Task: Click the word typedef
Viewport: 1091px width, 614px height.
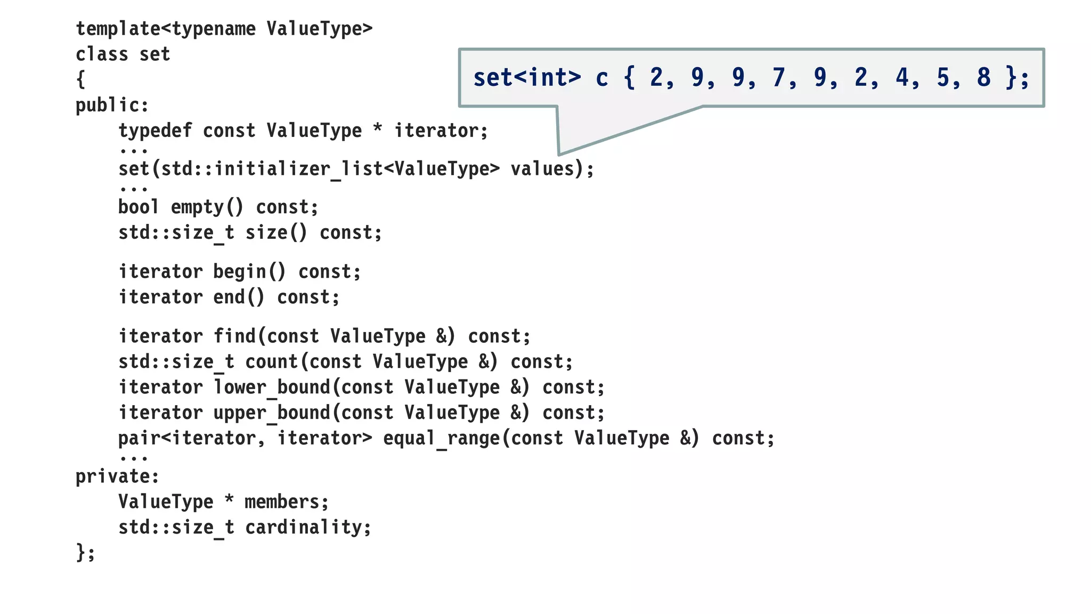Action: click(154, 131)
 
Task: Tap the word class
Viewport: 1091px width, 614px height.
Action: click(102, 54)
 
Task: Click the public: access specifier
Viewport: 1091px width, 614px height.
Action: click(112, 106)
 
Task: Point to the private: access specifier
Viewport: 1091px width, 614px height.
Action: click(117, 476)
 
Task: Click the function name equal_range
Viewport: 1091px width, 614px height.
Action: click(442, 439)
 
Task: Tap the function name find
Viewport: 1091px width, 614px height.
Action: click(234, 336)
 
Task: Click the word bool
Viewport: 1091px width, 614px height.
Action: click(139, 207)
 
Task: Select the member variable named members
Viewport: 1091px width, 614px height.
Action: click(282, 502)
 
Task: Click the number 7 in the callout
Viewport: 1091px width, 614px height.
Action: click(778, 78)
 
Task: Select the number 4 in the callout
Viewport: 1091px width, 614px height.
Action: click(901, 78)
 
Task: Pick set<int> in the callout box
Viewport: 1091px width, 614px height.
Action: click(527, 78)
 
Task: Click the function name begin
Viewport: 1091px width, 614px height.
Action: click(240, 272)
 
